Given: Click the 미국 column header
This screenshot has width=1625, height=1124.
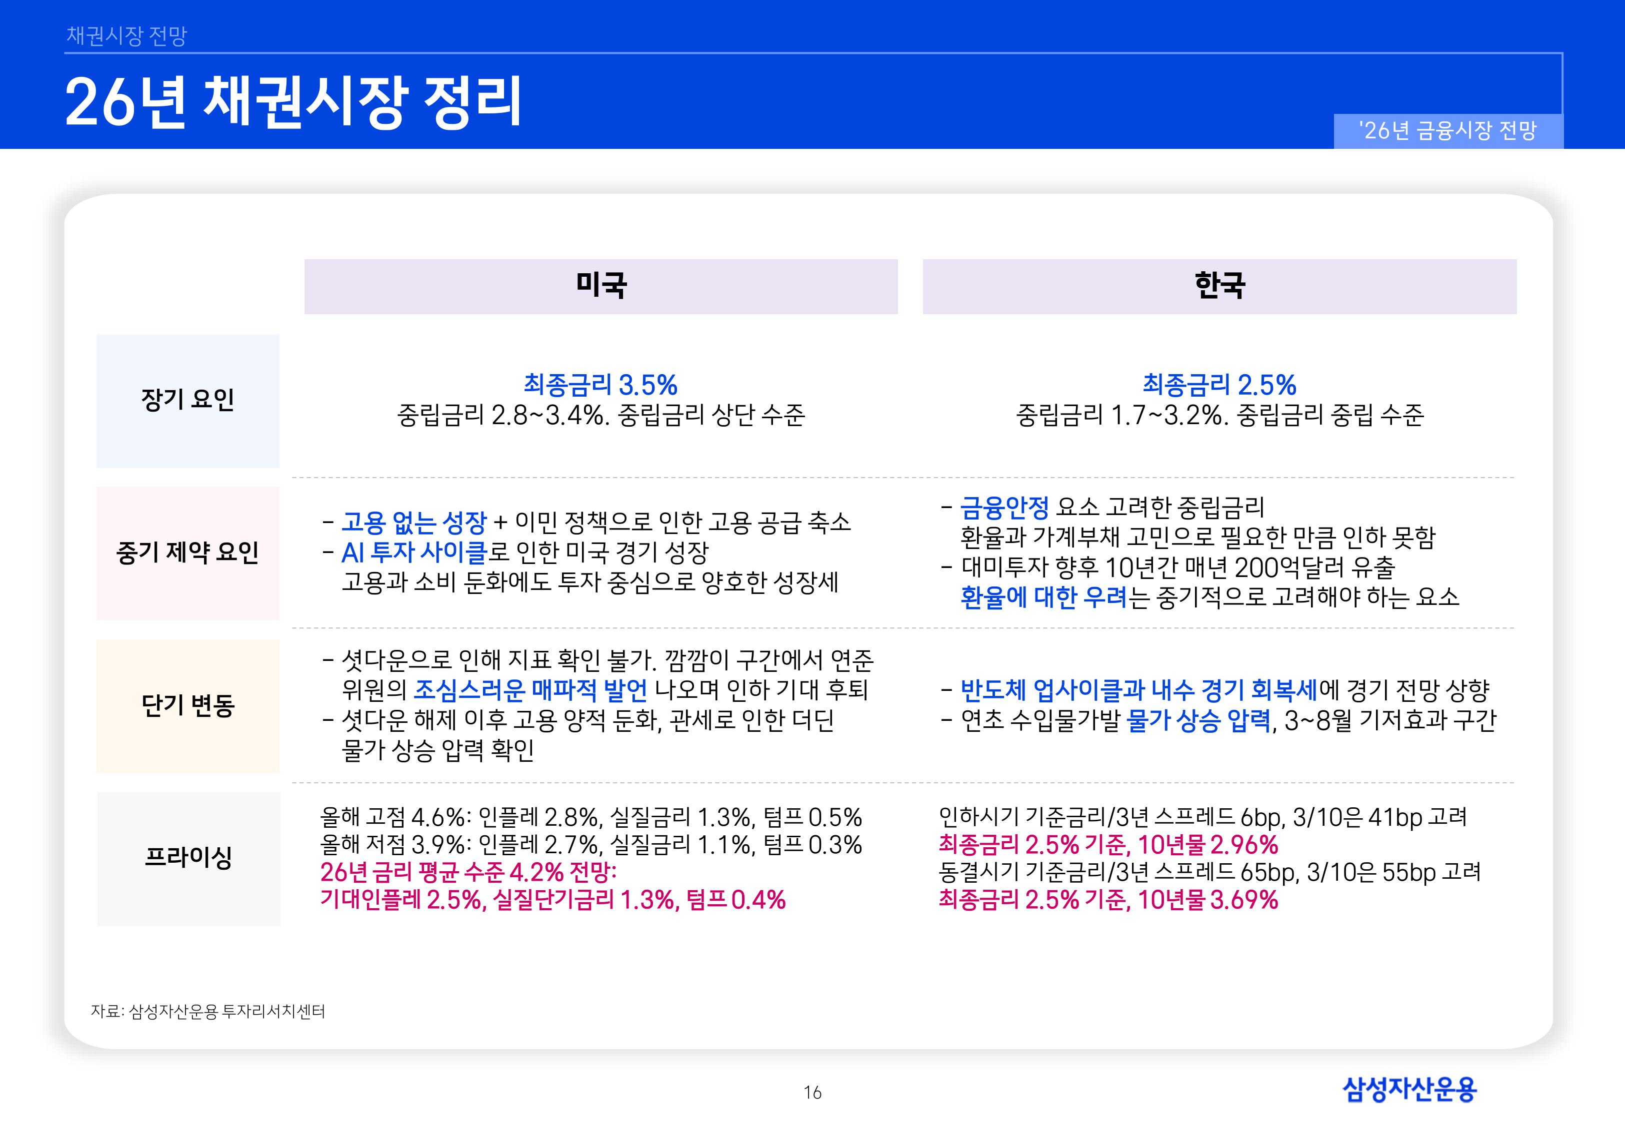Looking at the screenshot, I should [x=600, y=286].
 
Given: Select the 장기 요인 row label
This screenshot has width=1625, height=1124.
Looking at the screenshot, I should [x=187, y=400].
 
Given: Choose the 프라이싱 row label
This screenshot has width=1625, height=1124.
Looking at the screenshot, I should [x=188, y=858].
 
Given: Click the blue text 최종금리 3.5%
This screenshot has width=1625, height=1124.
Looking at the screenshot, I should [x=600, y=385].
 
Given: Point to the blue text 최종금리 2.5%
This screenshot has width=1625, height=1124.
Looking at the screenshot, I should [x=1219, y=385].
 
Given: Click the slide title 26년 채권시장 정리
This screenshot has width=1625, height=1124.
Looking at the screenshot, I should [x=293, y=103].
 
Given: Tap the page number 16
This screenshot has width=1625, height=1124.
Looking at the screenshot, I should [x=812, y=1093].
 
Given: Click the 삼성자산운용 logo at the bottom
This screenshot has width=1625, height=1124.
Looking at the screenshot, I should [x=1409, y=1090].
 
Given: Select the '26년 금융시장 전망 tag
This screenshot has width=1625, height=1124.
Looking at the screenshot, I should [x=1448, y=131].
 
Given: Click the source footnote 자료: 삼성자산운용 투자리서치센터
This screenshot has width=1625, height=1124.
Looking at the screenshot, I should [x=208, y=1011].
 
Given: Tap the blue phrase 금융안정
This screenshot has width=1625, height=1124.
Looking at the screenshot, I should [x=1004, y=507].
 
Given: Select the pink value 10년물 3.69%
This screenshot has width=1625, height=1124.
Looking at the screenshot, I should [x=1208, y=900].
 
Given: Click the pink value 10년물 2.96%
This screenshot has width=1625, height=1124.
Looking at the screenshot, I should [x=1208, y=844].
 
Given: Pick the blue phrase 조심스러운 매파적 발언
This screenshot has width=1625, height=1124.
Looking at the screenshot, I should [x=530, y=690].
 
